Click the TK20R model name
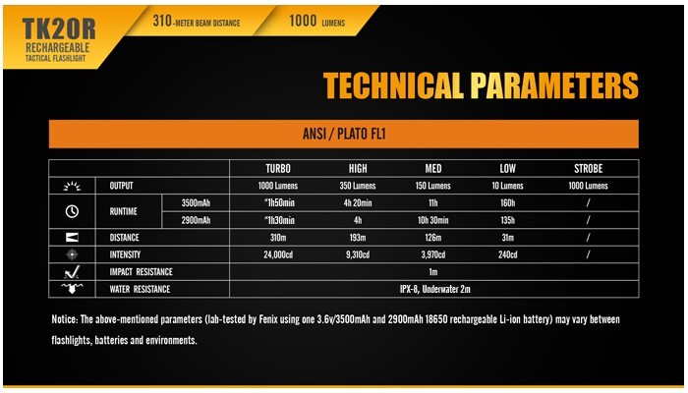[58, 28]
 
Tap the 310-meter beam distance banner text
[197, 21]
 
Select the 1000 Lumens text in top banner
[316, 21]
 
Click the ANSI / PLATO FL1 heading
[344, 134]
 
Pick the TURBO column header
[278, 168]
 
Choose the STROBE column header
[588, 168]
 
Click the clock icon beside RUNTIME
[72, 211]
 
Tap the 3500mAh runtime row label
[196, 203]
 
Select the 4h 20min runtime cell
[358, 203]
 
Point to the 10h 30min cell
[432, 220]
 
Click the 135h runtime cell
[508, 220]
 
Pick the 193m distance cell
[358, 238]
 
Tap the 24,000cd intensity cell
[278, 254]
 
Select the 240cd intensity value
[508, 254]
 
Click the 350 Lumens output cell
[358, 186]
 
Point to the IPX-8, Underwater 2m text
[434, 289]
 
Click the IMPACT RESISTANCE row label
[141, 272]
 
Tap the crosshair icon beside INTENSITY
[72, 254]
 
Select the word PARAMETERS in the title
[554, 85]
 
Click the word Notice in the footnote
[65, 319]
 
